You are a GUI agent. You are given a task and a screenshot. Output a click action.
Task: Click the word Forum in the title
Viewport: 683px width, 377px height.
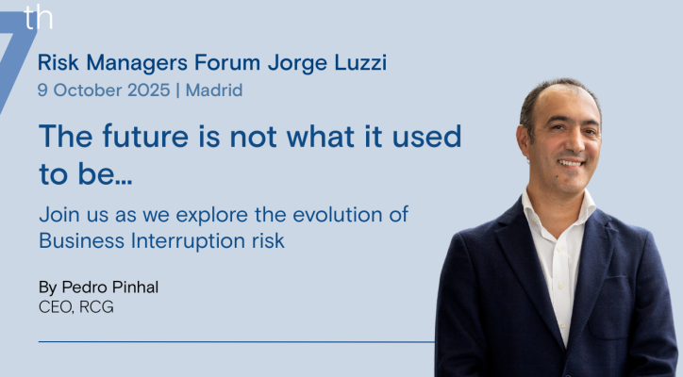(227, 62)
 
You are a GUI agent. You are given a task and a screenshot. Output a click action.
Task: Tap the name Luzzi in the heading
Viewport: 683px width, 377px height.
(360, 62)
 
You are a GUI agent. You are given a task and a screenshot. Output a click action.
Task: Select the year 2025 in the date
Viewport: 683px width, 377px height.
(148, 90)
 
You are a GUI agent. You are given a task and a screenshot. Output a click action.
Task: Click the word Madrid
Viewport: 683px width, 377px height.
(214, 90)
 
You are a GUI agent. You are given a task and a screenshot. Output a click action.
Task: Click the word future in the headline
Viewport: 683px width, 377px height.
(145, 137)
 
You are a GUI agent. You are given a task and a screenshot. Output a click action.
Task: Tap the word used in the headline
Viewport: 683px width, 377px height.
(426, 137)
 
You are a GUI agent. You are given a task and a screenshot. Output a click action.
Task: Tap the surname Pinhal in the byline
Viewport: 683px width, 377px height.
(135, 287)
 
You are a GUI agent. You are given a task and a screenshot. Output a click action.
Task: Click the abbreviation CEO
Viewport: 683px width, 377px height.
(56, 307)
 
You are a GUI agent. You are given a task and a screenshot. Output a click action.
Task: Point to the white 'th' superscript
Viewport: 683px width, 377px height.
(39, 17)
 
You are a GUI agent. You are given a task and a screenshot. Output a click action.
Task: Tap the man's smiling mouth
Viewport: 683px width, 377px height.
(571, 163)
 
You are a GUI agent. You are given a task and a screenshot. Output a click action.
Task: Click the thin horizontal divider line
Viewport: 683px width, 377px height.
(237, 342)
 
